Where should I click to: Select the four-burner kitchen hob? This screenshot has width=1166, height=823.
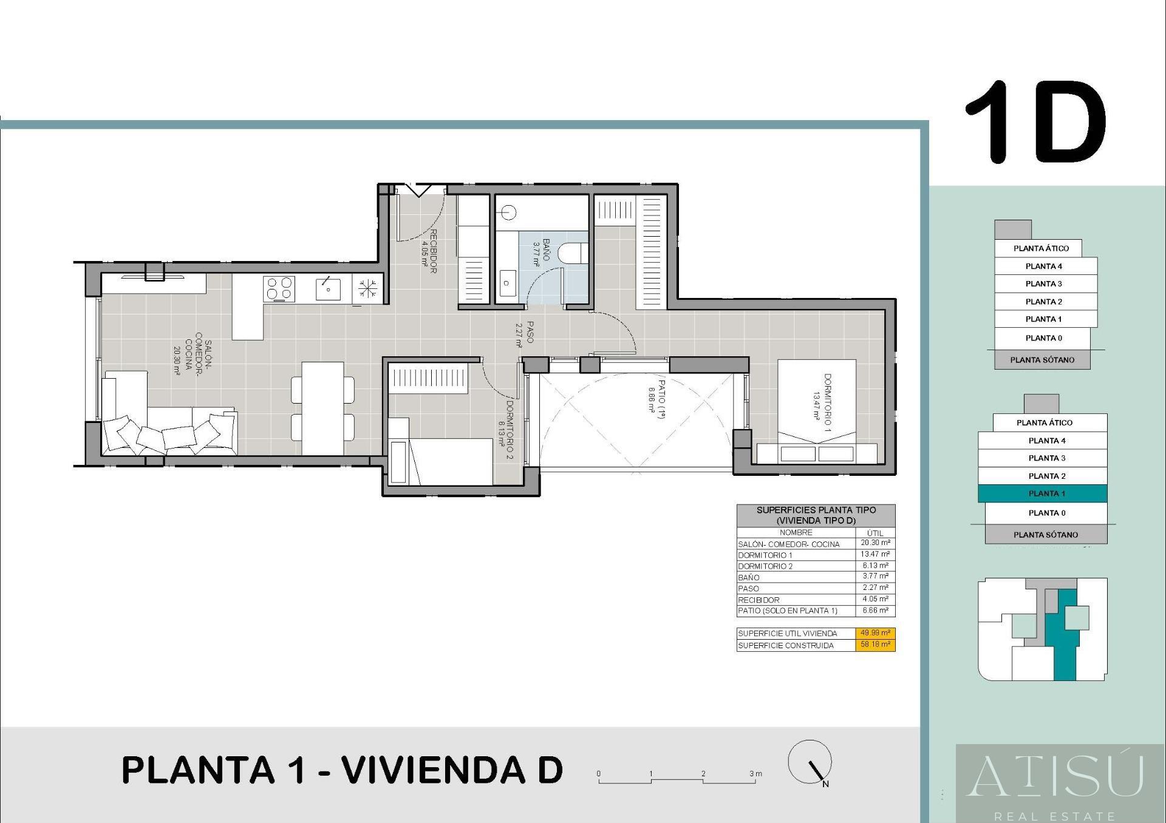coord(279,288)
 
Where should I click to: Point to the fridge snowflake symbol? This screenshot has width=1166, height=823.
coord(367,288)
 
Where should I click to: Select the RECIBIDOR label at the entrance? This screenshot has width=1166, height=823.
coord(429,251)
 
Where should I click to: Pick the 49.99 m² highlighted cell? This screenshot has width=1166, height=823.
coord(875,633)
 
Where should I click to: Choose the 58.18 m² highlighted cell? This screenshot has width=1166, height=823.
coord(875,645)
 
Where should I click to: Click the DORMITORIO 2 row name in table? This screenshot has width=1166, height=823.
coord(765,566)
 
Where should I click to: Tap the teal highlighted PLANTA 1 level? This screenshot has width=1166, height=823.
coord(1043,493)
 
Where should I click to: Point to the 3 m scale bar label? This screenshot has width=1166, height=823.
coord(755,774)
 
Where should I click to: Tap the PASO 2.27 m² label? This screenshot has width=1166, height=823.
coord(524,334)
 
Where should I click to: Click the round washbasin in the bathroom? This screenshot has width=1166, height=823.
coord(509,212)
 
